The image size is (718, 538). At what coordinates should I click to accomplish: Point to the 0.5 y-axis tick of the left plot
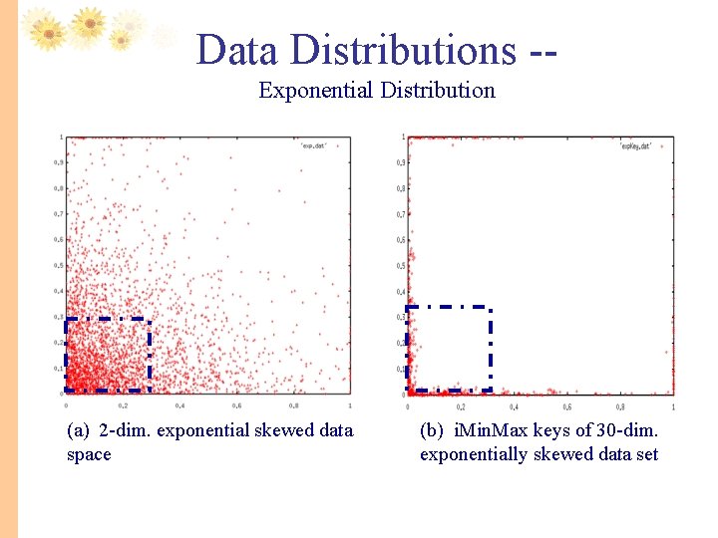click(59, 265)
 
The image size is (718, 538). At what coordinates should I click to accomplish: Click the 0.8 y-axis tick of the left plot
click(59, 188)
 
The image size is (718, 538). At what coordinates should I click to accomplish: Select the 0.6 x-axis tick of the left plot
click(236, 405)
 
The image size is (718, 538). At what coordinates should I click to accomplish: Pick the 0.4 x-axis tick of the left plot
click(179, 405)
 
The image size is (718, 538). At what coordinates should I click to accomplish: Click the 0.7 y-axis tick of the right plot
click(401, 214)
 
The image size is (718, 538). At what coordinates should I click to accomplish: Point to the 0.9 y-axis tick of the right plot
click(401, 162)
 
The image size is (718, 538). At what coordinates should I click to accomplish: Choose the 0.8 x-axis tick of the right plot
click(620, 405)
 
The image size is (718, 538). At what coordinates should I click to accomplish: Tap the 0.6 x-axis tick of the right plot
click(566, 405)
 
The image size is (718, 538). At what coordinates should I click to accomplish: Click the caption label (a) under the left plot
click(79, 430)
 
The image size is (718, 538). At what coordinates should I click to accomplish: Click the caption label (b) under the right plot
click(432, 430)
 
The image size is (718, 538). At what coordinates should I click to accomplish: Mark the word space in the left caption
click(89, 454)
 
